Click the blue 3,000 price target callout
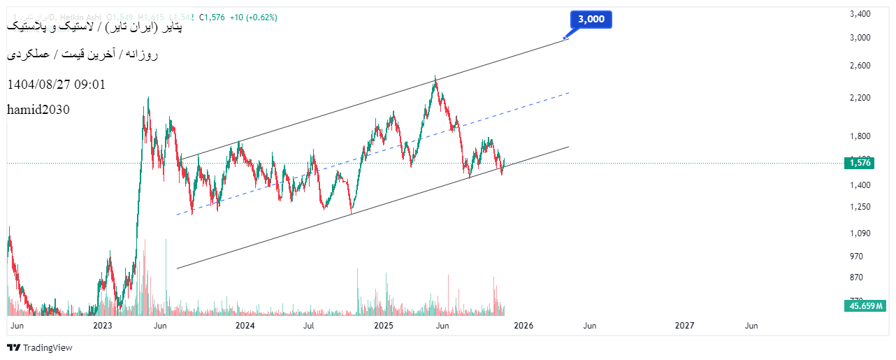click(591, 20)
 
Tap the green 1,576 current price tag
click(860, 163)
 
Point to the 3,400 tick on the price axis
click(860, 14)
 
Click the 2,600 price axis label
click(860, 66)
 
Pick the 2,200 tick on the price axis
click(860, 98)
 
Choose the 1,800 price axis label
click(860, 136)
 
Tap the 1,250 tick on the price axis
click(860, 207)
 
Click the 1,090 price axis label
click(860, 233)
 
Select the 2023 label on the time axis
click(103, 326)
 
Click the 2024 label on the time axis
click(245, 326)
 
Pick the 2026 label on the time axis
click(523, 326)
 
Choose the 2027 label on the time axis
click(685, 326)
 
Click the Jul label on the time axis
click(308, 326)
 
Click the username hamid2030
click(38, 110)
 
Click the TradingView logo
click(40, 347)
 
